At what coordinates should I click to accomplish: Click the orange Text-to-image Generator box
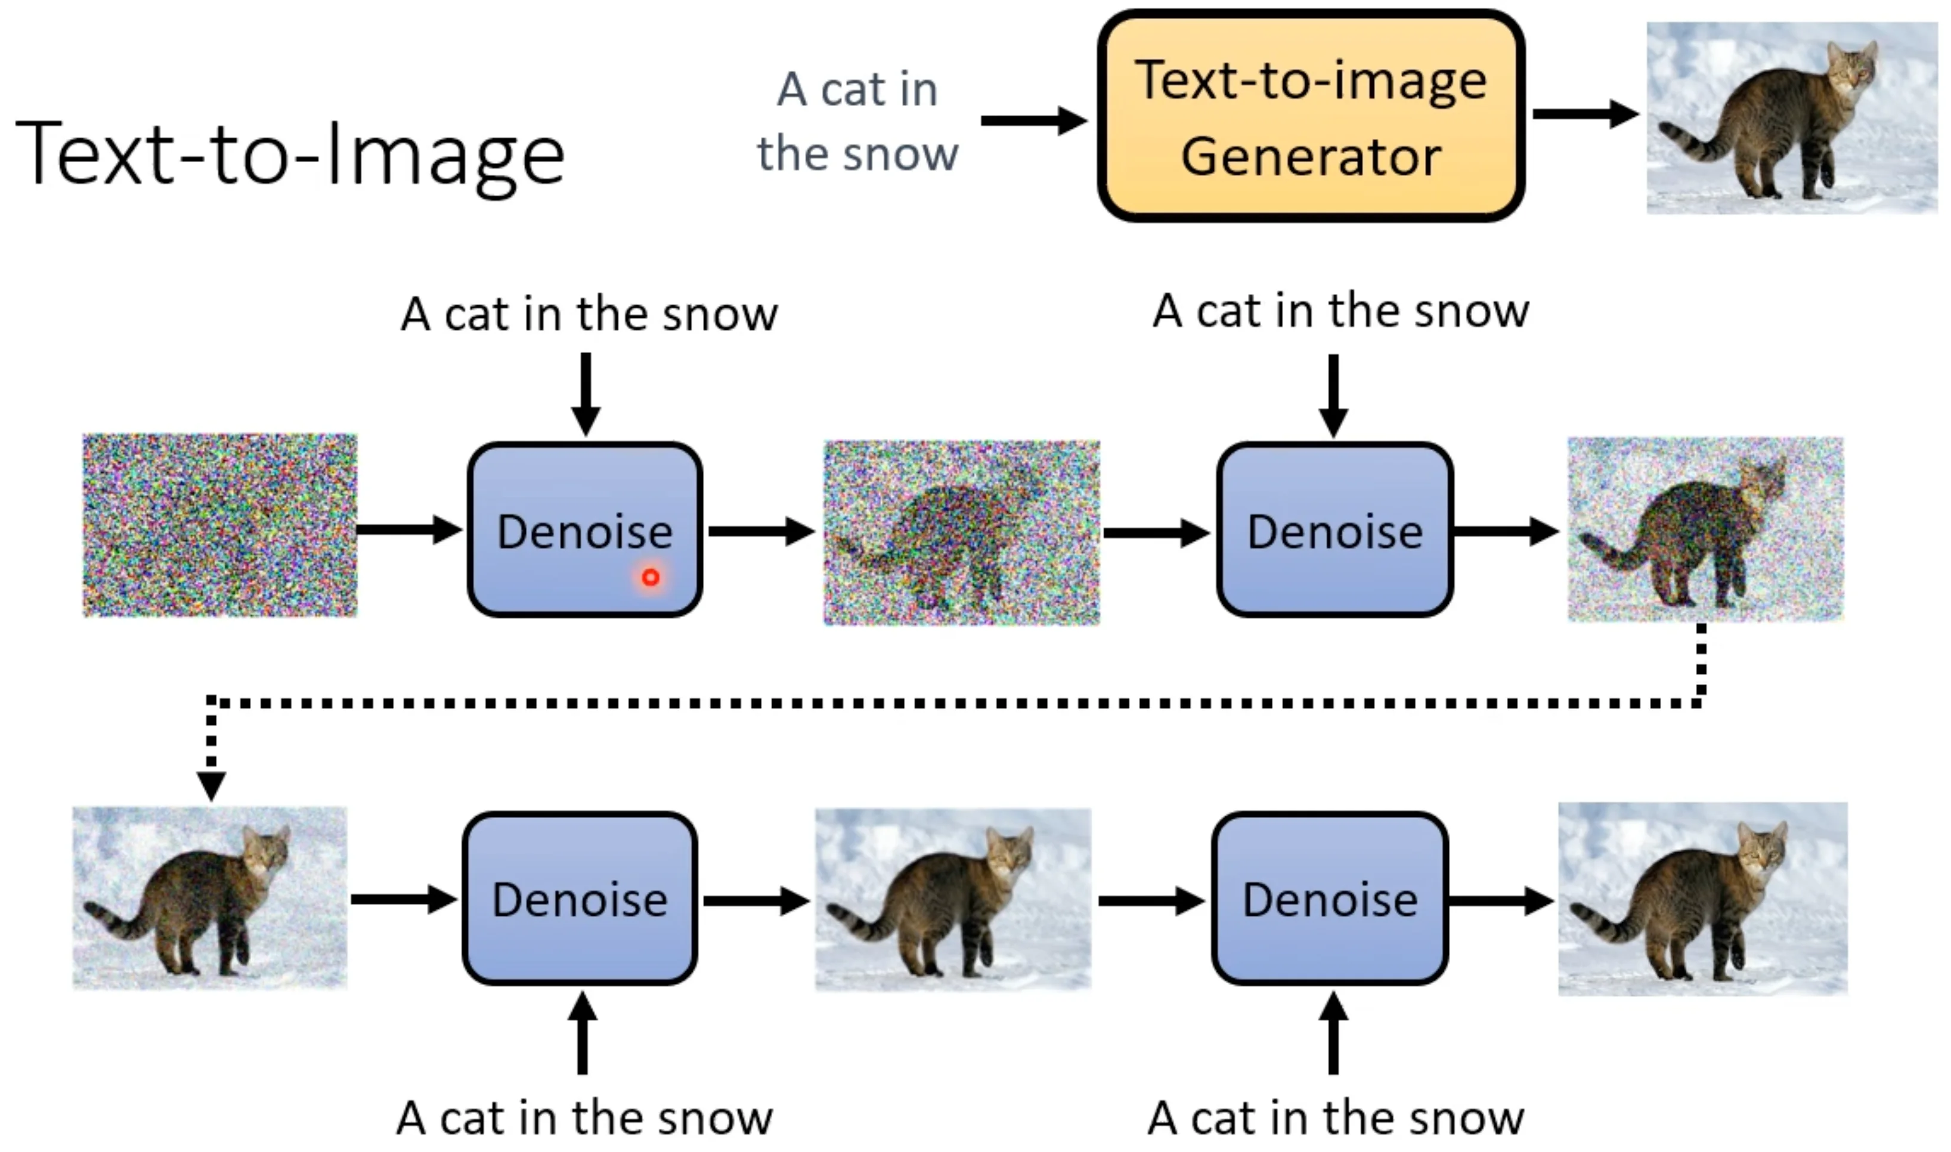pos(1310,116)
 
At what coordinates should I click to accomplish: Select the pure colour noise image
pos(219,525)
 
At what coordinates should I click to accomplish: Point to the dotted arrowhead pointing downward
pos(211,786)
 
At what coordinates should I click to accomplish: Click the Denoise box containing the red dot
pos(585,529)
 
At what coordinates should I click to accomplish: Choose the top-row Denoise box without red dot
pos(1334,529)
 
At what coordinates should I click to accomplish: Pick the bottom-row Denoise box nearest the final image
pos(1329,898)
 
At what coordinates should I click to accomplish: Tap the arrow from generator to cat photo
pos(1585,114)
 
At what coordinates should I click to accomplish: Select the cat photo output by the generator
pos(1792,117)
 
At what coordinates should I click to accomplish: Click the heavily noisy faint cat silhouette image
pos(962,532)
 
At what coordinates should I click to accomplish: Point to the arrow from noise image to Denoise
pos(409,529)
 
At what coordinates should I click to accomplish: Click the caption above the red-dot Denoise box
pos(589,314)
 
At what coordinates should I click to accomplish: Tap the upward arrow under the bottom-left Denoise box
pos(582,1033)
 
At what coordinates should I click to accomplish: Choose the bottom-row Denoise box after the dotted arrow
pos(580,898)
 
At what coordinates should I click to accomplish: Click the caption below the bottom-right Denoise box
pos(1336,1118)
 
